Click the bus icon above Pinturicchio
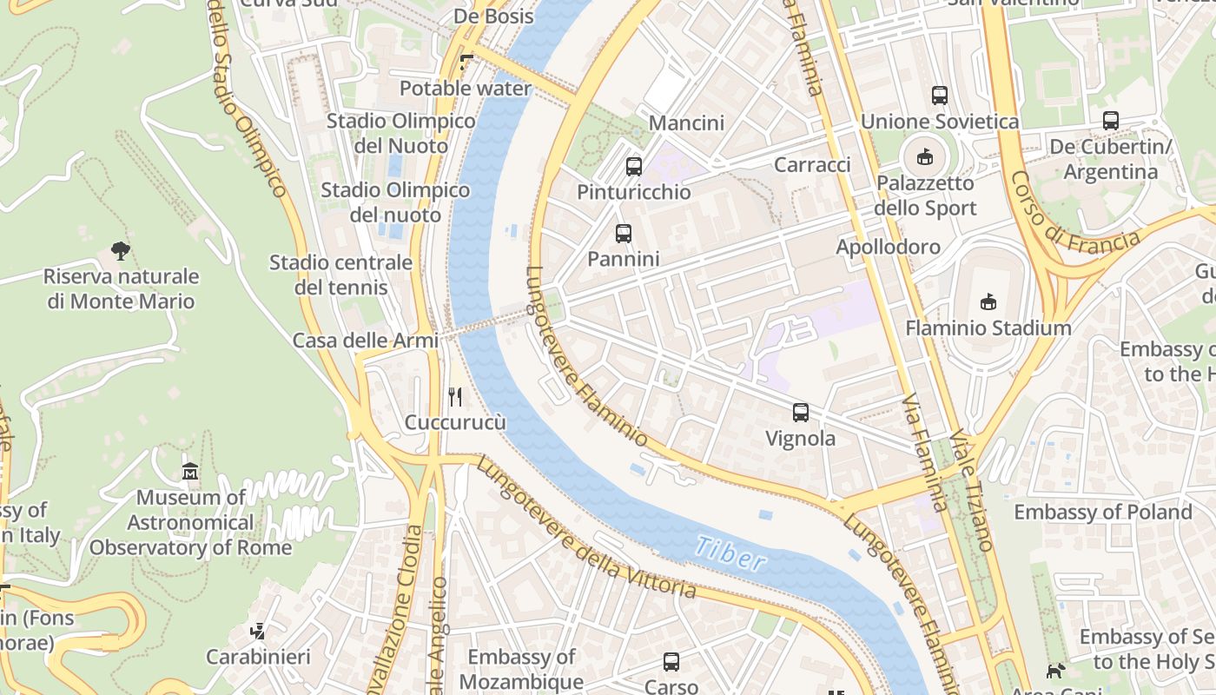tap(634, 166)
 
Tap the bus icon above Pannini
tap(624, 233)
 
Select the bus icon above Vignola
tap(801, 413)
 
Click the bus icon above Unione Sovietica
tap(939, 96)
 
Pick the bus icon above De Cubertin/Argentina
tap(1111, 121)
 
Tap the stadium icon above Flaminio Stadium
tap(988, 302)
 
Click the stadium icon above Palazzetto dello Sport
tap(924, 158)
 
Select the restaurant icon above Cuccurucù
tap(455, 397)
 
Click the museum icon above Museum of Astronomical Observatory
tap(190, 472)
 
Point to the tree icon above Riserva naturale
tap(121, 251)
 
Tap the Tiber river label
tap(730, 554)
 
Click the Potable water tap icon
tap(466, 63)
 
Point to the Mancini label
tap(686, 122)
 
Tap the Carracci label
tap(812, 164)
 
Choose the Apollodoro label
tap(888, 247)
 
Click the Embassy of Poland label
tap(1103, 512)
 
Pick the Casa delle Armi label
tap(366, 341)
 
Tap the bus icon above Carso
tap(671, 662)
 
